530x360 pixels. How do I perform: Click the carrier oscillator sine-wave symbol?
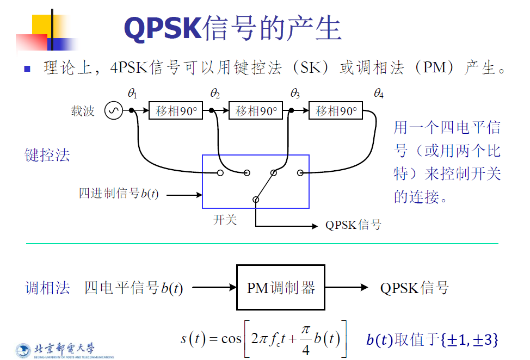click(114, 111)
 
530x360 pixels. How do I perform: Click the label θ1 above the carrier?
click(132, 94)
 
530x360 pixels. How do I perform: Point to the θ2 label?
click(215, 94)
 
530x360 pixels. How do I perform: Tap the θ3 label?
click(295, 94)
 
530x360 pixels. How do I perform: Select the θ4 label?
click(379, 94)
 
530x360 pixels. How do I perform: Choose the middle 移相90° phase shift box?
click(256, 111)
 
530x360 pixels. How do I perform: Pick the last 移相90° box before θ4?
click(336, 111)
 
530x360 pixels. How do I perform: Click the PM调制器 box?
click(281, 288)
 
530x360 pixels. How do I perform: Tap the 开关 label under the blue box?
click(225, 221)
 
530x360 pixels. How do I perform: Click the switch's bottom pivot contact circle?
click(256, 200)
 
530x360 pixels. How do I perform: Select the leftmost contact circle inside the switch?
click(220, 173)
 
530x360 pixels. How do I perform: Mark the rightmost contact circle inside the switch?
click(300, 173)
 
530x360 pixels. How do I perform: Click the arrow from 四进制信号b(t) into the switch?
click(184, 194)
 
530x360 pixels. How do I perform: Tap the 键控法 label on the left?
click(48, 156)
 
